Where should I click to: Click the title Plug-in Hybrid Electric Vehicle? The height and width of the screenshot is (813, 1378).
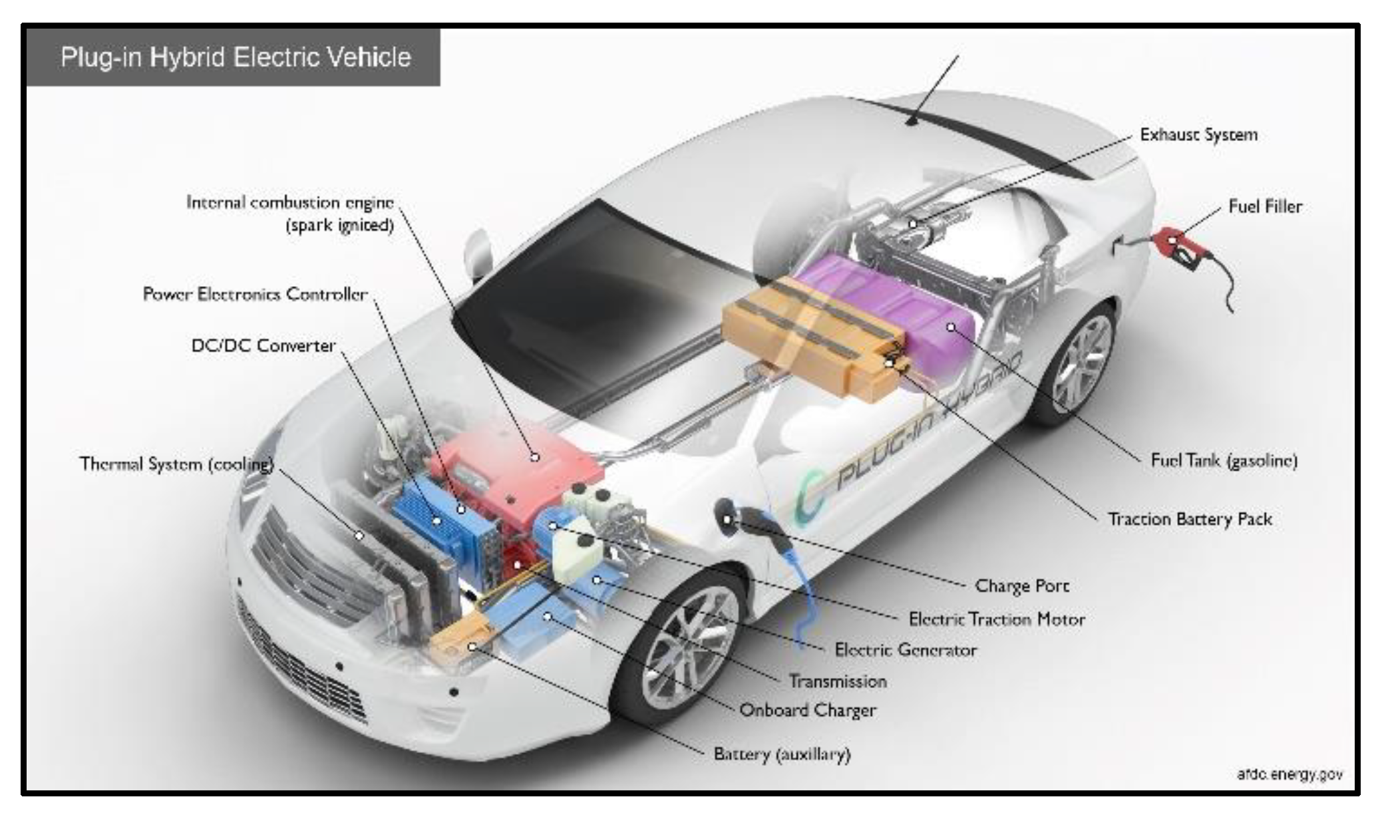coord(236,57)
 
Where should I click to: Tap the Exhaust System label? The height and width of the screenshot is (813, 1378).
coord(1198,134)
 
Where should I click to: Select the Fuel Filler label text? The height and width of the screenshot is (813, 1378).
coord(1265,206)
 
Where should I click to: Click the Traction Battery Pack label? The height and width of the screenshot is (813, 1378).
coord(1190,519)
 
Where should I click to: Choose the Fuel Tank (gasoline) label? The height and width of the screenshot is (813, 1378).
coord(1224,460)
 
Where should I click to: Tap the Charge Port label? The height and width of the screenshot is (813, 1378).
coord(1021,585)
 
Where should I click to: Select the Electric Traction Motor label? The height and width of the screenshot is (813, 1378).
coord(996,619)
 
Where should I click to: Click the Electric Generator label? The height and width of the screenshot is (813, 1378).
coord(906,649)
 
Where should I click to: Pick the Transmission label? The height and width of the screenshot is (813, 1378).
coord(838,681)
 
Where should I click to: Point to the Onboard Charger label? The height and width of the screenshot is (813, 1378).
coord(808,711)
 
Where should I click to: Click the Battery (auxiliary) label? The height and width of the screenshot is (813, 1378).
coord(782,754)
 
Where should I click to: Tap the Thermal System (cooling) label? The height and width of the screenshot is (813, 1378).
coord(176,464)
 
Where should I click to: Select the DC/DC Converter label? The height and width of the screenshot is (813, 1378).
coord(263,346)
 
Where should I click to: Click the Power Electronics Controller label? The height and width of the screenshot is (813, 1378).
coord(255,294)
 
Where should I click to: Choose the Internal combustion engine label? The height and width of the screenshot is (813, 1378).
coord(289,202)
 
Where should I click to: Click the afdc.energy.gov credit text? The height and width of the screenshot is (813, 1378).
coord(1290,774)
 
